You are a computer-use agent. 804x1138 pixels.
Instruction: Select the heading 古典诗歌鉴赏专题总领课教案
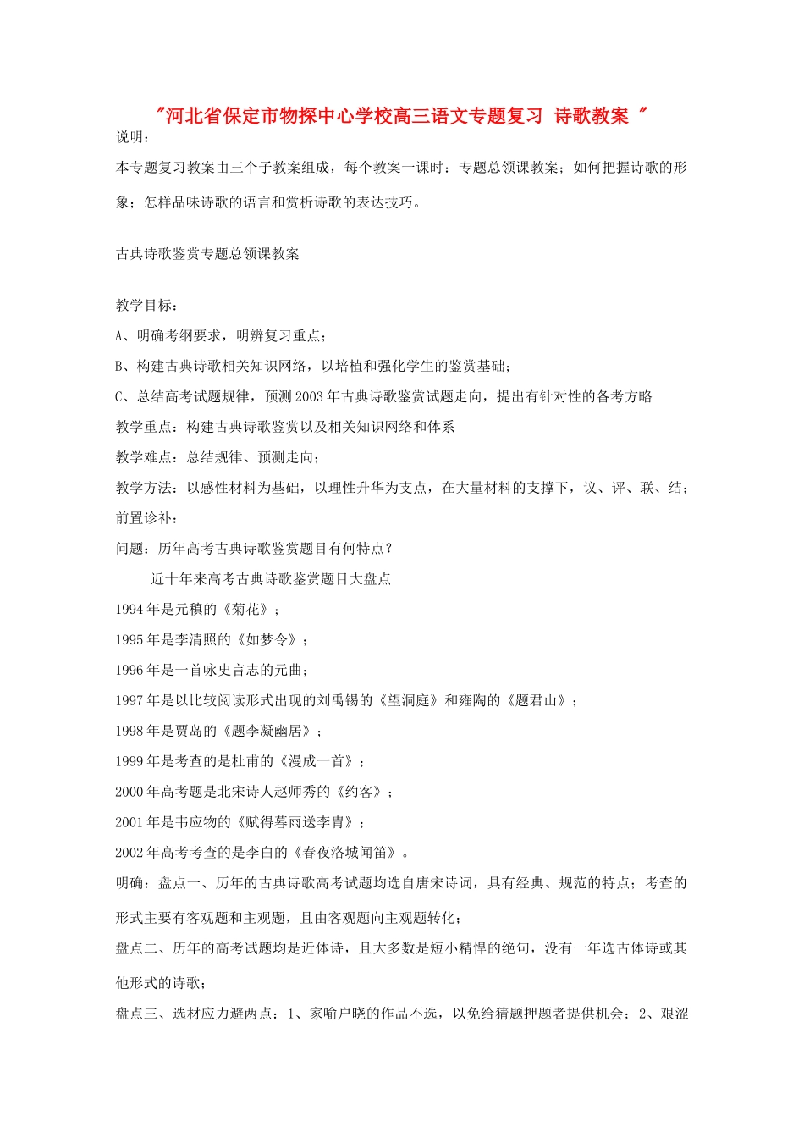207,254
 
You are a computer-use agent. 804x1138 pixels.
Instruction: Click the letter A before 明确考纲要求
119,336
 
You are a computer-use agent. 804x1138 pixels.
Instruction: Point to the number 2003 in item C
310,397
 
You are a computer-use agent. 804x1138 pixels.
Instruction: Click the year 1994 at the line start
129,610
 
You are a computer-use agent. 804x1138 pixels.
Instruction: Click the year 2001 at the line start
129,822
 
